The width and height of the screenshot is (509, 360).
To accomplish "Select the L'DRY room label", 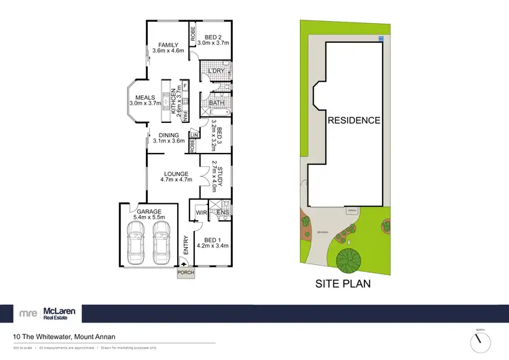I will click(x=216, y=71).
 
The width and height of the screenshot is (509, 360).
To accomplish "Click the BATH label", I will click(x=216, y=103).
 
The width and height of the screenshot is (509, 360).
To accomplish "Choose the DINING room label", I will click(x=169, y=136).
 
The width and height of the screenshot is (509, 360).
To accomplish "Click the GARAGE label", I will click(x=149, y=211).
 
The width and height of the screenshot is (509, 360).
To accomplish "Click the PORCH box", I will click(x=186, y=273).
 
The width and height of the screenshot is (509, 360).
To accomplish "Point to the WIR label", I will click(x=201, y=213).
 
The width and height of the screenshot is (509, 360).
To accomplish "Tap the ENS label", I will click(x=223, y=213).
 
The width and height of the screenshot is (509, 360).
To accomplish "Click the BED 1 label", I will click(x=212, y=240).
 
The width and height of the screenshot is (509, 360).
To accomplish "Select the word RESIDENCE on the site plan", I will click(x=354, y=120).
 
